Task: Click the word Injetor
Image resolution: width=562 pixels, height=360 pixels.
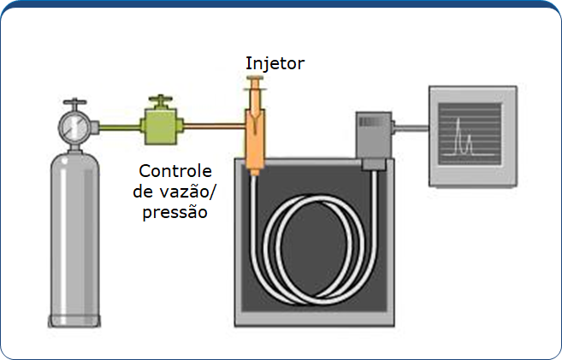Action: click(x=275, y=63)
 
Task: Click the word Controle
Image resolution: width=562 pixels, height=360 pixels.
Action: click(x=175, y=170)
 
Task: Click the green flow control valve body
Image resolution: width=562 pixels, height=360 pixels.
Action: click(x=159, y=126)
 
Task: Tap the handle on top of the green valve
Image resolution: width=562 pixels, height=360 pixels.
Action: click(x=158, y=101)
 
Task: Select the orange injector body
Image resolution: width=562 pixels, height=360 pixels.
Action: click(x=254, y=137)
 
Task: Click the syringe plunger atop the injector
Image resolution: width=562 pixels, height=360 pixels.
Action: click(x=255, y=85)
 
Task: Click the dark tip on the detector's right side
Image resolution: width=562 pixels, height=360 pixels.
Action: click(x=396, y=129)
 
